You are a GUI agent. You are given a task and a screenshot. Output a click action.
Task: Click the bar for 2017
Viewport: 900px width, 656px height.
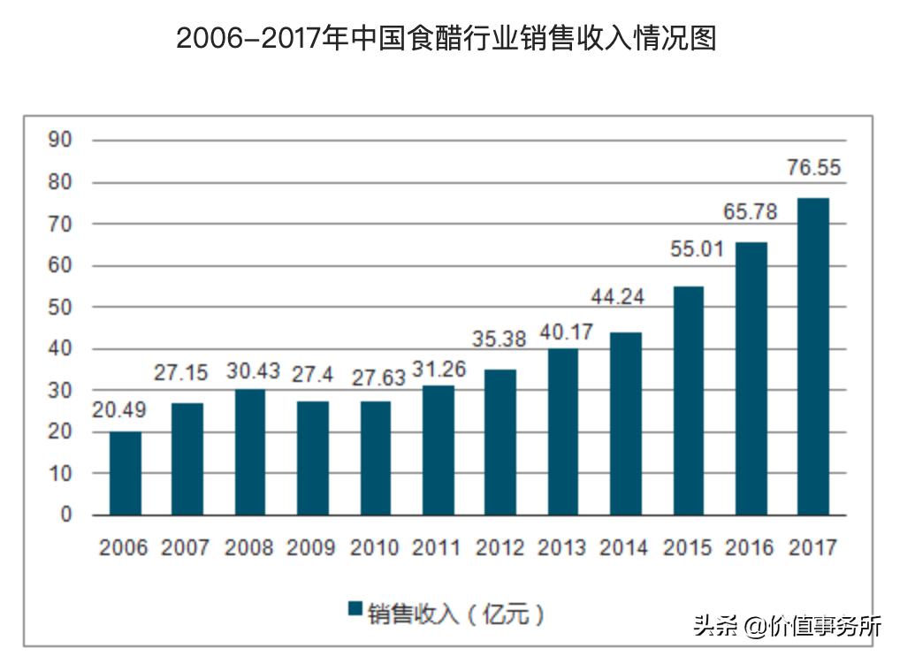[813, 356]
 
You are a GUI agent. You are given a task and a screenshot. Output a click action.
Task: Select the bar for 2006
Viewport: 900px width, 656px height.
[125, 473]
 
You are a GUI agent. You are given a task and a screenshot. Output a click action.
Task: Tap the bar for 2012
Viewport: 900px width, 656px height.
[500, 442]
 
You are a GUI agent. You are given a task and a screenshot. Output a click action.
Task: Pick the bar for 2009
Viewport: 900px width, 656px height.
[313, 458]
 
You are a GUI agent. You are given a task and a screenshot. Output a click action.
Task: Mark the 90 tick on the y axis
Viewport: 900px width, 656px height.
[60, 141]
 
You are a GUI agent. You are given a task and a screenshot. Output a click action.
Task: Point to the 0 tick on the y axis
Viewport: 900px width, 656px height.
[65, 515]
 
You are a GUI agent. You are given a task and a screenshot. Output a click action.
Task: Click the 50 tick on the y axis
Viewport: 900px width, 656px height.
[60, 308]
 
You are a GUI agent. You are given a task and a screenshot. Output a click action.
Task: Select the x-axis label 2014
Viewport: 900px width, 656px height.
[625, 548]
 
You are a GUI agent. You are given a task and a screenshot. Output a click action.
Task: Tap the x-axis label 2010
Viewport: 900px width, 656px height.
[375, 548]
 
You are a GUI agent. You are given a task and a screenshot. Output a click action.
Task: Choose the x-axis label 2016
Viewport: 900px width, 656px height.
[751, 548]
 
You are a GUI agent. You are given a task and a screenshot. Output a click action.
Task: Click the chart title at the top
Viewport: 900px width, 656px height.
[446, 39]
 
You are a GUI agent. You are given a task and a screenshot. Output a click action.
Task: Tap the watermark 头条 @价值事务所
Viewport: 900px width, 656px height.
[787, 626]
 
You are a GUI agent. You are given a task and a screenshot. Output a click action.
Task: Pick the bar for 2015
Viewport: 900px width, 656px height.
[688, 400]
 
